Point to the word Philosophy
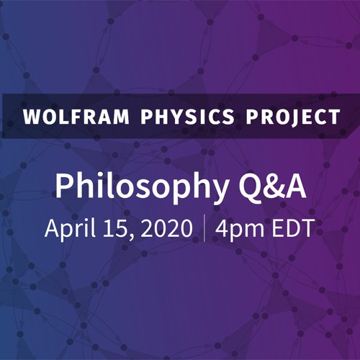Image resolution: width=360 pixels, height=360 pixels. (x=137, y=188)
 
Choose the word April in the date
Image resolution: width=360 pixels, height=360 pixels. (x=69, y=229)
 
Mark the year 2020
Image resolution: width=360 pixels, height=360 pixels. (x=165, y=228)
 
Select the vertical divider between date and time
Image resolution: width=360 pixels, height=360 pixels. (x=205, y=228)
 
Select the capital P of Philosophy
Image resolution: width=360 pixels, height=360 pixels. (x=65, y=186)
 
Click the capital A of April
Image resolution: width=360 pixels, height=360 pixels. (x=52, y=228)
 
